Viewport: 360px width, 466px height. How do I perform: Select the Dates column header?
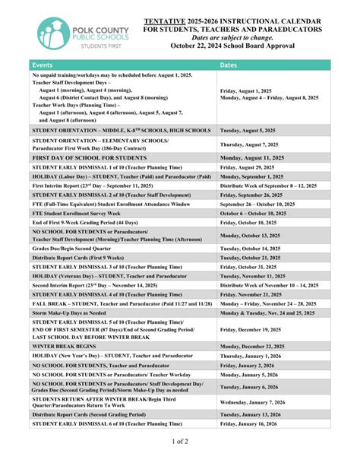(229, 65)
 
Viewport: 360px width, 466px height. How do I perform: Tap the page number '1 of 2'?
(180, 441)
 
